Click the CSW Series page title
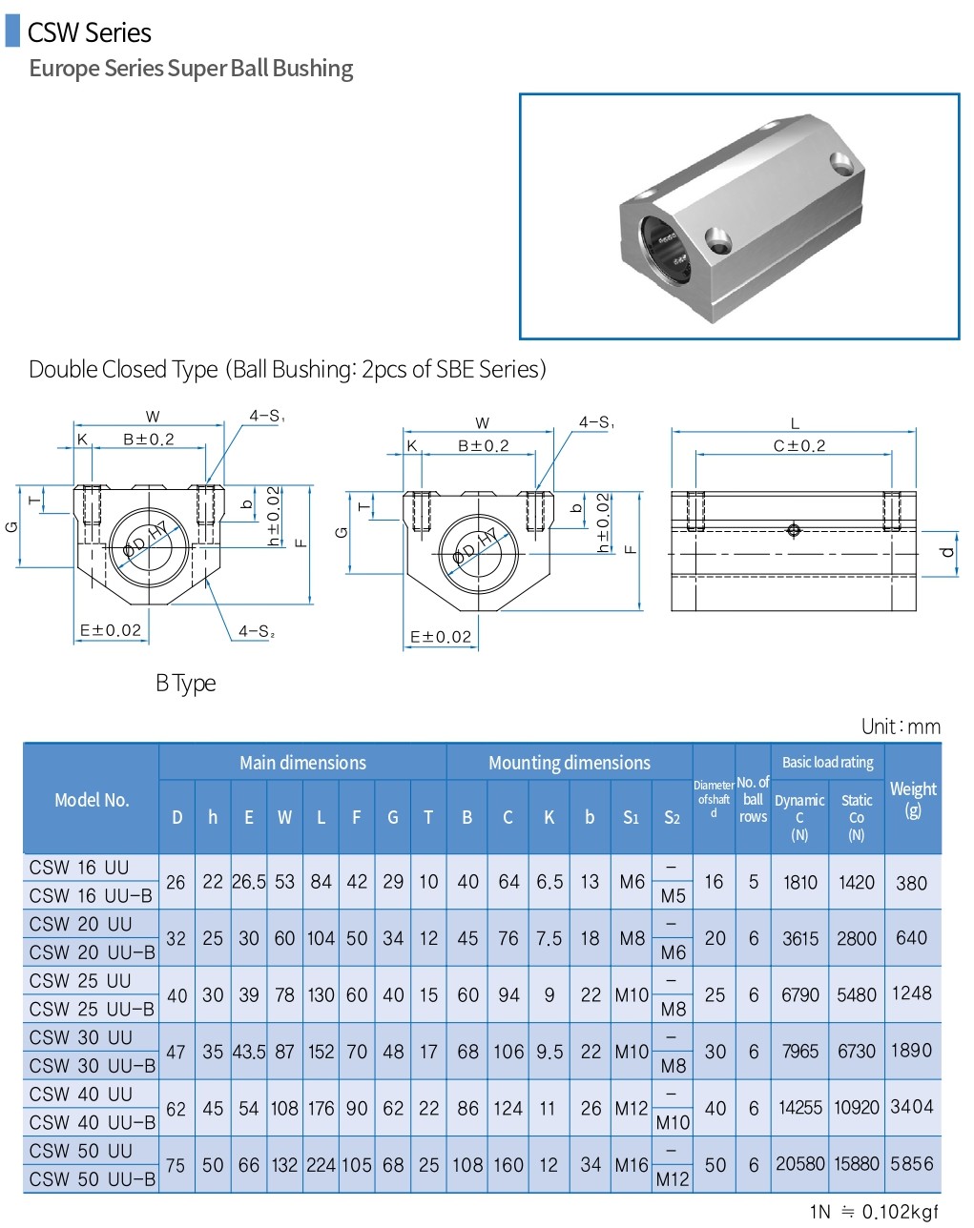click(89, 32)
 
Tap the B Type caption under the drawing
click(186, 683)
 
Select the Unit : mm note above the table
click(900, 727)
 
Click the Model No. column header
click(92, 800)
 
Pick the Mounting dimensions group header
click(569, 763)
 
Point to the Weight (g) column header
click(912, 799)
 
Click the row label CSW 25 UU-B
click(92, 1009)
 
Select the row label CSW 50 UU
click(80, 1151)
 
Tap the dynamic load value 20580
click(799, 1164)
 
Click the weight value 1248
click(911, 993)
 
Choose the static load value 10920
click(856, 1108)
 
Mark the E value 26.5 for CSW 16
click(248, 882)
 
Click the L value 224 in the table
click(321, 1165)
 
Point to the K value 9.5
click(549, 1052)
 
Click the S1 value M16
click(631, 1165)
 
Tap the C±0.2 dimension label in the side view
click(798, 445)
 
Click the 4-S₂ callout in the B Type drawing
click(256, 631)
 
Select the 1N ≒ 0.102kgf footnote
click(874, 1212)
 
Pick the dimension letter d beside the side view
click(946, 553)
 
